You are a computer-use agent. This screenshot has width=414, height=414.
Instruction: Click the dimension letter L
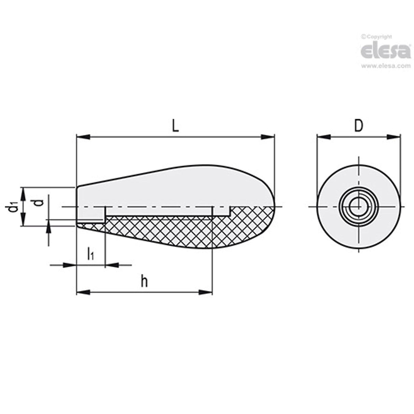(x=175, y=127)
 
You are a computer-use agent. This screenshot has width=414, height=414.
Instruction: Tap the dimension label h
(x=145, y=282)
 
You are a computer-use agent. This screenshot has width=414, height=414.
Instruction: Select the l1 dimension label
(x=90, y=254)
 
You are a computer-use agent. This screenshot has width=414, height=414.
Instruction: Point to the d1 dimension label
(x=13, y=207)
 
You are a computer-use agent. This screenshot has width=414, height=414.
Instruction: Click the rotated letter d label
(x=40, y=202)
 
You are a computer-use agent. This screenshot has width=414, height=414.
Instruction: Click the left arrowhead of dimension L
(x=82, y=137)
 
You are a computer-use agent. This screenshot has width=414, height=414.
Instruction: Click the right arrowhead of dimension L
(x=268, y=137)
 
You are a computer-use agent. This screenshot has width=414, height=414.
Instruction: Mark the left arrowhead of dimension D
(x=324, y=137)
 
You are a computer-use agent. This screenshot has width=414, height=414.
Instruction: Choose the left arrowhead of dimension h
(x=82, y=292)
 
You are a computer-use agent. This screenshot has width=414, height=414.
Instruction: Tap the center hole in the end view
(x=358, y=207)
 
